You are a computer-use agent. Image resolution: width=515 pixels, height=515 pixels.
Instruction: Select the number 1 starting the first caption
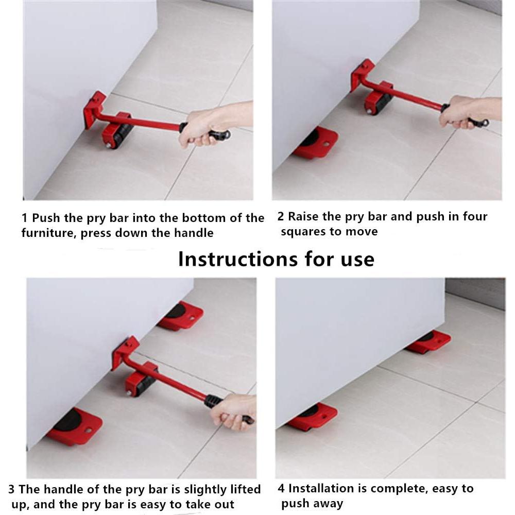pyautogui.click(x=25, y=218)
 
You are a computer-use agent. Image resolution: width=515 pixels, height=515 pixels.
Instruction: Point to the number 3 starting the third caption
pyautogui.click(x=11, y=489)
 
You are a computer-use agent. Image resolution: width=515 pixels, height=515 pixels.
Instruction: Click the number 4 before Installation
pyautogui.click(x=281, y=488)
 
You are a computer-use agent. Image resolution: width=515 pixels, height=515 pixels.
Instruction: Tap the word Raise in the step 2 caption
pyautogui.click(x=303, y=217)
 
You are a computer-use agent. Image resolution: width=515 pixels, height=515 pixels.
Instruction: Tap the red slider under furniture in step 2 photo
pyautogui.click(x=316, y=143)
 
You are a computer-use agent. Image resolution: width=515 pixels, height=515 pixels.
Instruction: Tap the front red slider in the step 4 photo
pyautogui.click(x=313, y=416)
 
